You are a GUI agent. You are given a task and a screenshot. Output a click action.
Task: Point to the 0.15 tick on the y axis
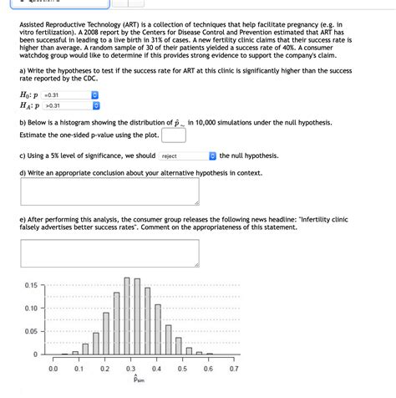point(31,285)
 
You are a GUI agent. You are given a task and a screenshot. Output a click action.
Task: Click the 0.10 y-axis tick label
point(31,308)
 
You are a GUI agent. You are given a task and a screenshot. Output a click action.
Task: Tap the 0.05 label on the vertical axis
point(31,331)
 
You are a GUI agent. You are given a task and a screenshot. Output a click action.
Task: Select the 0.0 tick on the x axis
point(53,368)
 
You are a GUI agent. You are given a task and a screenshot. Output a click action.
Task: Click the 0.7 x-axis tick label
point(233,368)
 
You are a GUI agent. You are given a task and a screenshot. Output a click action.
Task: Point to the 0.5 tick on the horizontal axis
point(182,368)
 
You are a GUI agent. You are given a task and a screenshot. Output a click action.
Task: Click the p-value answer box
point(173,135)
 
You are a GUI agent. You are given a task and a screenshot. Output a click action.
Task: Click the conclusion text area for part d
point(110,191)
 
